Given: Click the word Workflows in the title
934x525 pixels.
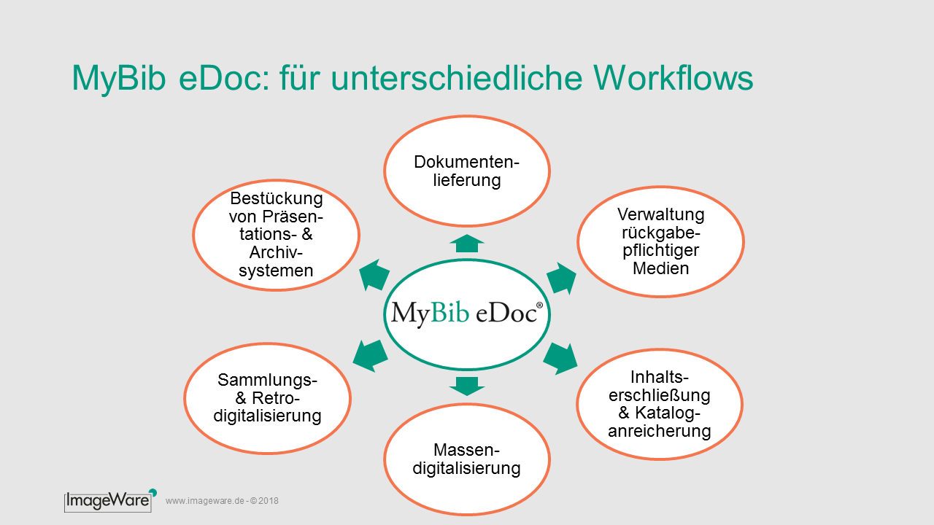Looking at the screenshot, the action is tap(674, 78).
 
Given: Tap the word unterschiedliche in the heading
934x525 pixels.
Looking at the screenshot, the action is tap(456, 78).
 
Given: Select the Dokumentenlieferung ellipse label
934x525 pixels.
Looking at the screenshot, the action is tap(466, 171).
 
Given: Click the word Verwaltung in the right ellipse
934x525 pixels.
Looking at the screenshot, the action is tap(661, 214).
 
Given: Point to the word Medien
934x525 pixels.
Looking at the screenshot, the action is tap(661, 268).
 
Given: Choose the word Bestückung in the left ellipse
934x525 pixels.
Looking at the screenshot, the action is tap(277, 199).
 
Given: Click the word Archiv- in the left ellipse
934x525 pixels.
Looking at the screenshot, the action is tap(276, 252).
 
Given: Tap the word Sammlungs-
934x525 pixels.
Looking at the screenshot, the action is tap(267, 380).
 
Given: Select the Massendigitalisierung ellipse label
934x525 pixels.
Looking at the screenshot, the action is tap(466, 459).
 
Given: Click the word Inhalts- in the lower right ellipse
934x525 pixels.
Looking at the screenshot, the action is tap(659, 377).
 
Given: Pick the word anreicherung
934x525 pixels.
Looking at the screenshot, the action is tap(659, 431).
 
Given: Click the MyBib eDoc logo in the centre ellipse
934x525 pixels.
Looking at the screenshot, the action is tap(467, 313).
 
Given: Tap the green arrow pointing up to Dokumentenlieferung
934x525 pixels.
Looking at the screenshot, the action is tap(467, 244).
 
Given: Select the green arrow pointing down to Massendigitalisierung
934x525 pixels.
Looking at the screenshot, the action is tap(467, 386).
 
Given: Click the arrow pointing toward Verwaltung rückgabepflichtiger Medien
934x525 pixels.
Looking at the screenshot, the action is tap(562, 278).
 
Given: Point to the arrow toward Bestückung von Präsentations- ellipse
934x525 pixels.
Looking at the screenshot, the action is tap(374, 275).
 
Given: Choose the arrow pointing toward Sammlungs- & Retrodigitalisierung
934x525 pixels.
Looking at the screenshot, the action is tap(370, 355).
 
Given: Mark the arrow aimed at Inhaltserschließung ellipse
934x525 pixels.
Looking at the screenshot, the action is tap(561, 358).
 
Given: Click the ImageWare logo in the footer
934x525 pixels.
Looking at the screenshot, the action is tap(110, 500).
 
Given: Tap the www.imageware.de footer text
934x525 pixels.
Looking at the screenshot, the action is tap(222, 501).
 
